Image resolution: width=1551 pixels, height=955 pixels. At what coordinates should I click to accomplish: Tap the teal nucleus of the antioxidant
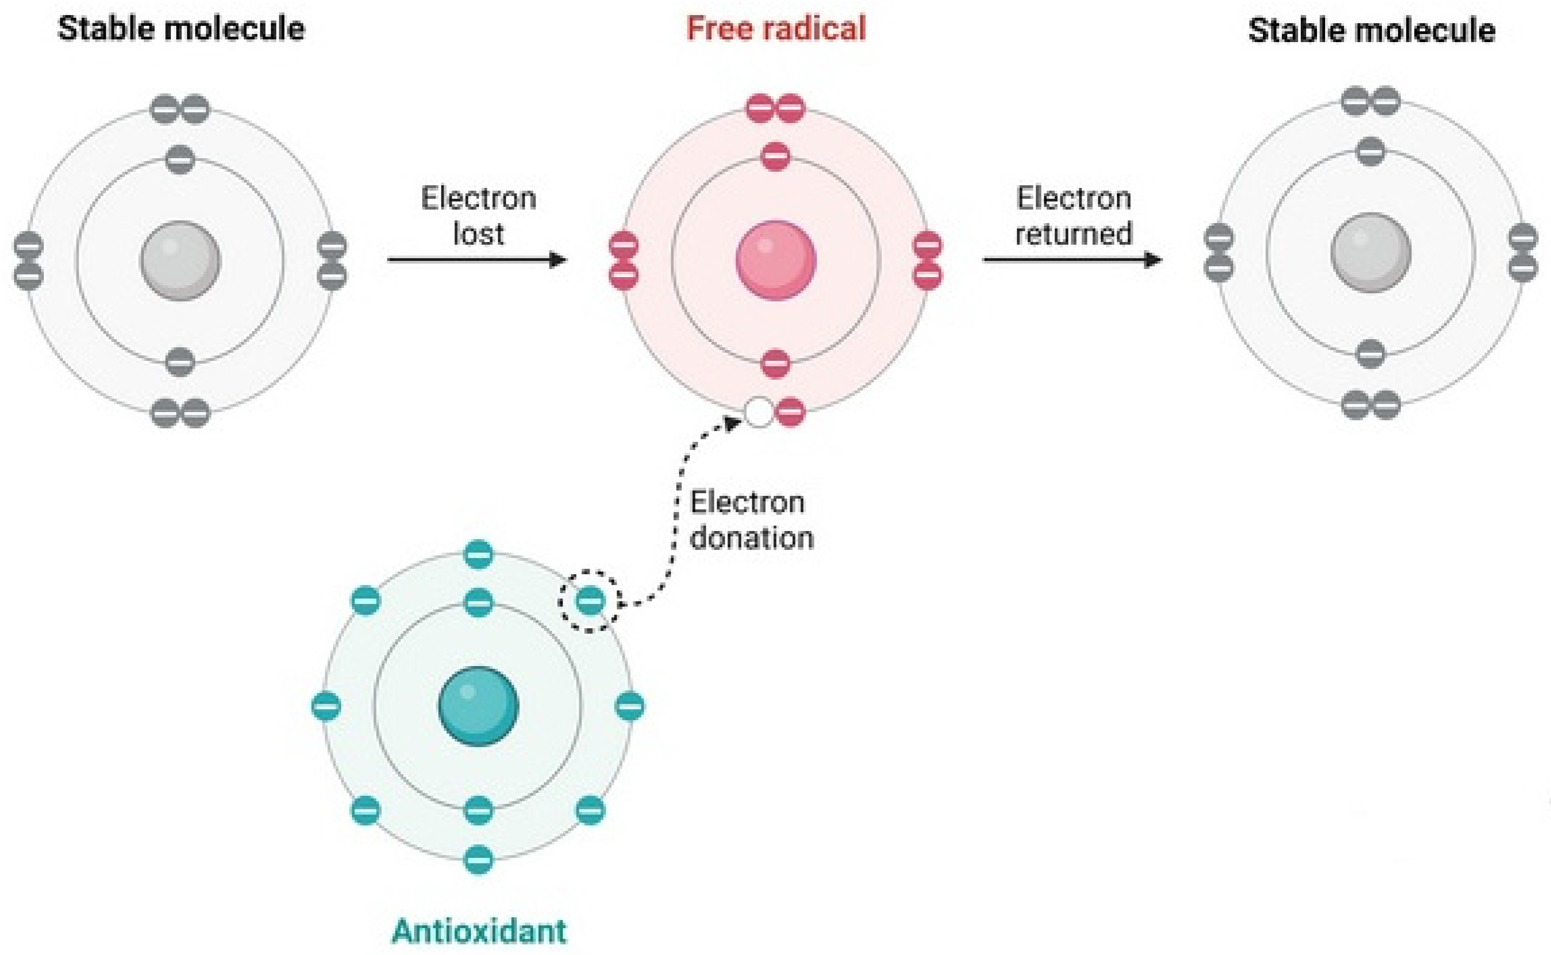[478, 706]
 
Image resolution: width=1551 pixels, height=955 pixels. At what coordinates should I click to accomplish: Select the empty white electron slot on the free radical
[759, 413]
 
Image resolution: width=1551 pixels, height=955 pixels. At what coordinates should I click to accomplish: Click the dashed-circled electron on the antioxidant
[590, 600]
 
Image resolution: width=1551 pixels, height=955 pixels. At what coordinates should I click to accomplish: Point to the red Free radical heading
[776, 29]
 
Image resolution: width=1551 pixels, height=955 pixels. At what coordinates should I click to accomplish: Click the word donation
[751, 538]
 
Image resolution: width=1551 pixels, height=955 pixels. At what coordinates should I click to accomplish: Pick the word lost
[478, 234]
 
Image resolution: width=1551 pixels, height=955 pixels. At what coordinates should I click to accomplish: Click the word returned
[1073, 234]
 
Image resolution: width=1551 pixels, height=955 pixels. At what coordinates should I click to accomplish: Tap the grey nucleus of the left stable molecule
[180, 260]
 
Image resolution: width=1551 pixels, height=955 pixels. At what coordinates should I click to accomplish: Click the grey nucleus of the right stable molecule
[1371, 253]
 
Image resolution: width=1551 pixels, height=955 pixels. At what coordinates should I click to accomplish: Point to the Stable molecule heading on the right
[1372, 30]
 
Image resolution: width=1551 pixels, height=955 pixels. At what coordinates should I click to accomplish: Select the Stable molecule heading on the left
[182, 29]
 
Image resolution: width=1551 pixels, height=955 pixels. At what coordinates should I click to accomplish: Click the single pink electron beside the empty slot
[790, 413]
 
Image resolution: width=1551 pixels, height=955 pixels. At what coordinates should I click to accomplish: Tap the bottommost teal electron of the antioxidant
[478, 859]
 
